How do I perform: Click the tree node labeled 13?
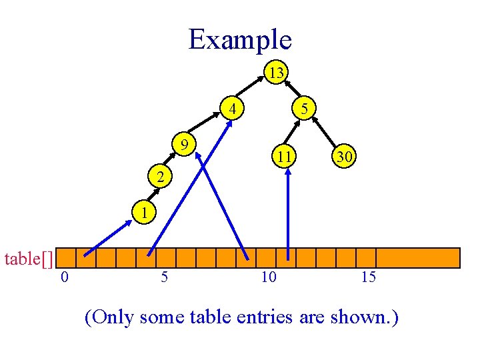point(275,72)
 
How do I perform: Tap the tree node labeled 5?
point(304,107)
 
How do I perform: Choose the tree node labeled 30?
point(344,157)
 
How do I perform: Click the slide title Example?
point(240,39)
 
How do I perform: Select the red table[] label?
point(29,258)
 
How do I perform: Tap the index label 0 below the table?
point(63,277)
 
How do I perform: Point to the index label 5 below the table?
point(164,277)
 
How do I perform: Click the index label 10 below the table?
point(268,277)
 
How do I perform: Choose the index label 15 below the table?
point(368,277)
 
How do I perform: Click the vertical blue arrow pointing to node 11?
point(288,213)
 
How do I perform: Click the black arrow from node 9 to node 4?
point(207,125)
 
